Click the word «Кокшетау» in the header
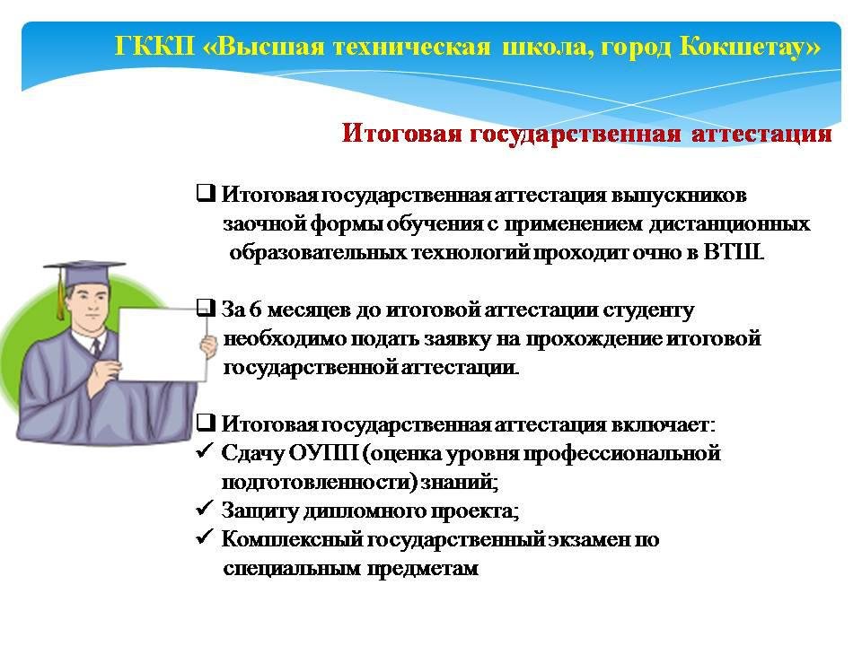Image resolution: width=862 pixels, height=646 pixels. [749, 46]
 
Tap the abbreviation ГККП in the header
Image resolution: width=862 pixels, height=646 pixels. [155, 46]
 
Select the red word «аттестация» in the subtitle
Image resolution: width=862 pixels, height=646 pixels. [761, 134]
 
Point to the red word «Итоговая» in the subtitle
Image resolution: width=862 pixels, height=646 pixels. [401, 133]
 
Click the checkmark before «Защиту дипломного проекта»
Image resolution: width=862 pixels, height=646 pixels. [204, 508]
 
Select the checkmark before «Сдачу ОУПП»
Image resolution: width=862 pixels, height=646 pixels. [204, 451]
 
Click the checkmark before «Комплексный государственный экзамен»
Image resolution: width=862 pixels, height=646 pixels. [204, 537]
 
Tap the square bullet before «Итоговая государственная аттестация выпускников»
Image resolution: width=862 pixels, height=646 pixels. [206, 194]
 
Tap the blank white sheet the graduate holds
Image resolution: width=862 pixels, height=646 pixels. [163, 345]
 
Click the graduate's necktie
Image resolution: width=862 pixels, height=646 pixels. [97, 347]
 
